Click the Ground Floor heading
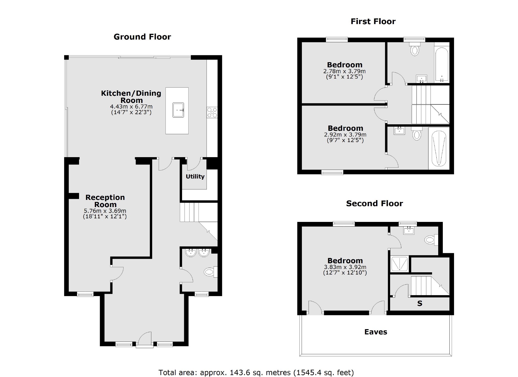[142, 37]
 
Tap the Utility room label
[195, 176]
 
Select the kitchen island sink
[178, 110]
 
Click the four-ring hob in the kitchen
[212, 113]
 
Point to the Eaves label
[376, 332]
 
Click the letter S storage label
[420, 304]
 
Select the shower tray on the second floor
[400, 264]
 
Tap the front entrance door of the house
[145, 339]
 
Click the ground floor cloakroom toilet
[210, 272]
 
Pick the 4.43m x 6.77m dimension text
[131, 106]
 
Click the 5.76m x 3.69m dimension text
[105, 211]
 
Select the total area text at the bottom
[256, 372]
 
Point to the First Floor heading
[373, 21]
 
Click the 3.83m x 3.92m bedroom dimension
[345, 267]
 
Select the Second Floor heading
[374, 203]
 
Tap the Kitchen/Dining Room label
[131, 96]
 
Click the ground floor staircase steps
[189, 212]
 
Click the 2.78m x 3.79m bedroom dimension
[344, 71]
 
